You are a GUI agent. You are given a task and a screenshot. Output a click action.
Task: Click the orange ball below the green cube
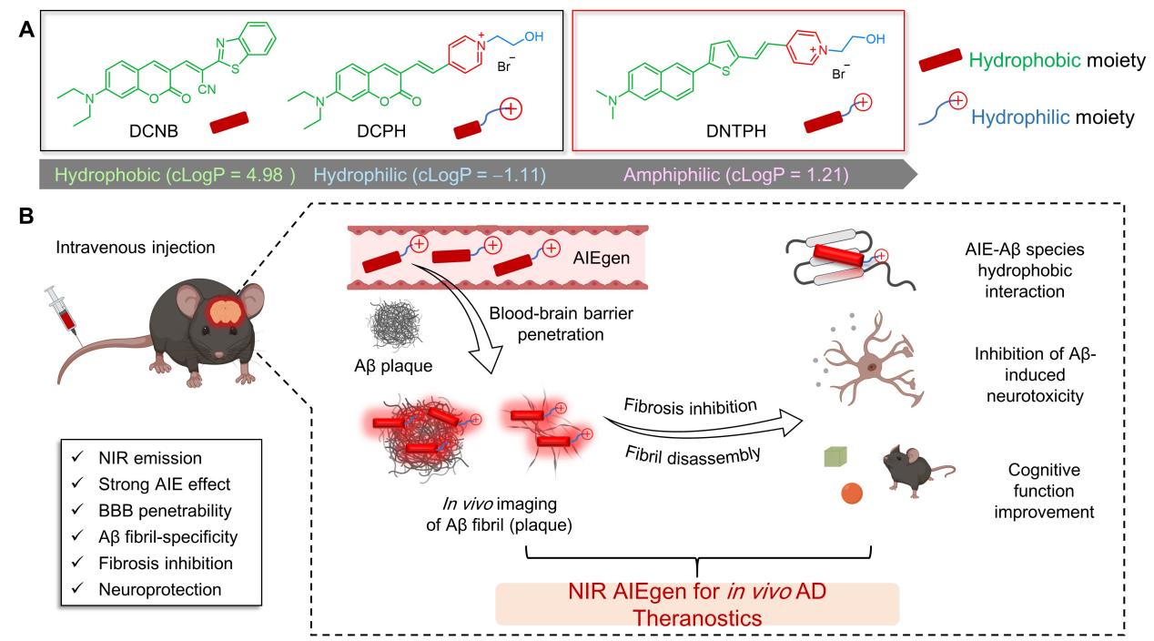pos(851,493)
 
